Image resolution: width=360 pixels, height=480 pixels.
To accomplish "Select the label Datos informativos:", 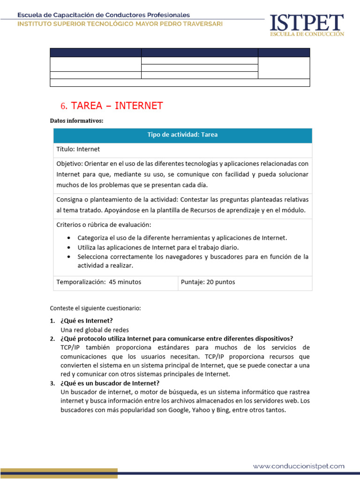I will coord(76,121).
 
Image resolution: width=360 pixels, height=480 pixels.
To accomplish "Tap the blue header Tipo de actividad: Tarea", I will coord(182,135).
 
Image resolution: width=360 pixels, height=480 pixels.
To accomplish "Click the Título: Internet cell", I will coord(78,150).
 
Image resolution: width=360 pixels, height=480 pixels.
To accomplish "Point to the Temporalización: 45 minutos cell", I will coord(99,282).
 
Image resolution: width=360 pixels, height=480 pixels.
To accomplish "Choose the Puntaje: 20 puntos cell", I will coord(208,282).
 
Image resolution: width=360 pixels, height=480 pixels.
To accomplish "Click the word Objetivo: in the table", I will coord(69,164).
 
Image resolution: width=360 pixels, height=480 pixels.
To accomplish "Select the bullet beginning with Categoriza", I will coord(182,238).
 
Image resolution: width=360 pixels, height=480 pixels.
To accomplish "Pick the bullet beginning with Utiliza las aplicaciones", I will coord(158,247).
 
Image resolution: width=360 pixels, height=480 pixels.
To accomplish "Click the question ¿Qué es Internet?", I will coord(86,321).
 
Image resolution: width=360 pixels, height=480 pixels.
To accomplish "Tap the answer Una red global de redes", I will coord(95,330).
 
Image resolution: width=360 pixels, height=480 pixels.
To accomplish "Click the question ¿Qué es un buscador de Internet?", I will coord(110,383).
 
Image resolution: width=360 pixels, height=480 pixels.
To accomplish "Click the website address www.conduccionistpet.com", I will coord(299,466).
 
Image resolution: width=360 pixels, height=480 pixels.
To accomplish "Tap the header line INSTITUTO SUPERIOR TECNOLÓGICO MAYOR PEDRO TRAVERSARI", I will coord(120,24).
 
